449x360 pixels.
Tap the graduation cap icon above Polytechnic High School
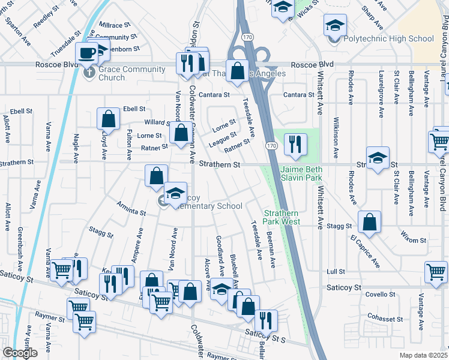[335, 25]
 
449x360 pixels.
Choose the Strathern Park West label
[282, 217]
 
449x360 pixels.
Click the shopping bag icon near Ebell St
[109, 118]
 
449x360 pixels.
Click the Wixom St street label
[414, 240]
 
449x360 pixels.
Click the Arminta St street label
[131, 208]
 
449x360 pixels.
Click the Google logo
[20, 353]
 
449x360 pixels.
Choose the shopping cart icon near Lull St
[435, 271]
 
